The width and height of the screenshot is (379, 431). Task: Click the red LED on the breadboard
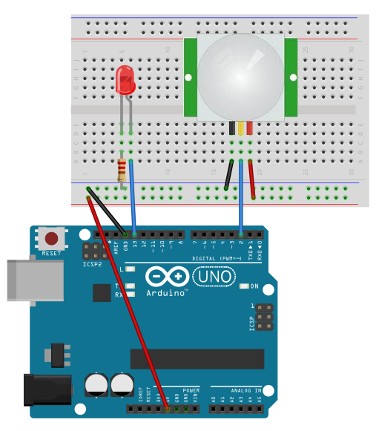pyautogui.click(x=125, y=79)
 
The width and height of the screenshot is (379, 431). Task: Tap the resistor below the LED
pyautogui.click(x=122, y=171)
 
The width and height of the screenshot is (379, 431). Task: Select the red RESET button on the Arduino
pyautogui.click(x=52, y=239)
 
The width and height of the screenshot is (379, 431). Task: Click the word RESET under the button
pyautogui.click(x=52, y=253)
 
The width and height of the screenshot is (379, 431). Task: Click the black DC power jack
pyautogui.click(x=47, y=390)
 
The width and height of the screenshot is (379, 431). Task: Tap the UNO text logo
pyautogui.click(x=214, y=277)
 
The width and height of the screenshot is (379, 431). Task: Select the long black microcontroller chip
pyautogui.click(x=197, y=358)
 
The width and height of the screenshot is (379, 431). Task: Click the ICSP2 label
pyautogui.click(x=93, y=264)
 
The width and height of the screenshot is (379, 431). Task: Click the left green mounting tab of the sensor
pyautogui.click(x=190, y=76)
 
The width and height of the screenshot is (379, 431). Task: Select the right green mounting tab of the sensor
pyautogui.click(x=291, y=76)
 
